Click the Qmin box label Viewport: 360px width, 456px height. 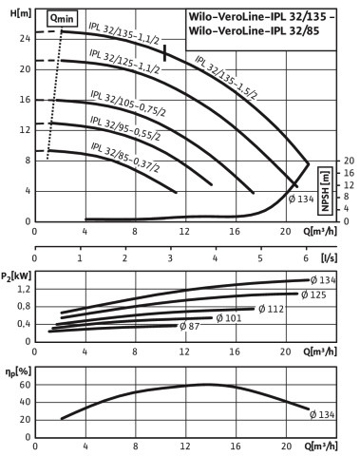[63, 19]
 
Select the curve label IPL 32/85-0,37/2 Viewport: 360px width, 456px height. [125, 158]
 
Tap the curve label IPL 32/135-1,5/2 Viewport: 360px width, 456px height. [225, 77]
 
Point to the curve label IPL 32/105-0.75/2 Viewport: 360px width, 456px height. [128, 104]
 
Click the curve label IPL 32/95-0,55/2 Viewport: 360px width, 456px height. [125, 128]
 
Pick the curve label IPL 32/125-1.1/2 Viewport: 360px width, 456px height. [124, 61]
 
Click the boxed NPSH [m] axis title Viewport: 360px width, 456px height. [325, 191]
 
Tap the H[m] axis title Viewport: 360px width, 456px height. [21, 13]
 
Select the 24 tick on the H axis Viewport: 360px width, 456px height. [25, 39]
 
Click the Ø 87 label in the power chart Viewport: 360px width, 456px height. [189, 326]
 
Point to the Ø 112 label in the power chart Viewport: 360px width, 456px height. [271, 309]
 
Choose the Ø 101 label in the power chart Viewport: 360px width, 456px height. [229, 318]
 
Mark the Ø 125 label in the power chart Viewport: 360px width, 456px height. [313, 294]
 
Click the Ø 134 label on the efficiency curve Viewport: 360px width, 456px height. [322, 414]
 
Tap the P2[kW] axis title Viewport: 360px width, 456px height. [16, 276]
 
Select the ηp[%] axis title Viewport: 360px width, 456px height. [18, 372]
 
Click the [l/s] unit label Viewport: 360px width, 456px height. [330, 257]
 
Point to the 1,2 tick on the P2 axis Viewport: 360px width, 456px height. [25, 289]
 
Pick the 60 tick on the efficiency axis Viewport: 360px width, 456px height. [25, 385]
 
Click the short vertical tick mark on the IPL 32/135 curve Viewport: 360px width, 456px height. [164, 53]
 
